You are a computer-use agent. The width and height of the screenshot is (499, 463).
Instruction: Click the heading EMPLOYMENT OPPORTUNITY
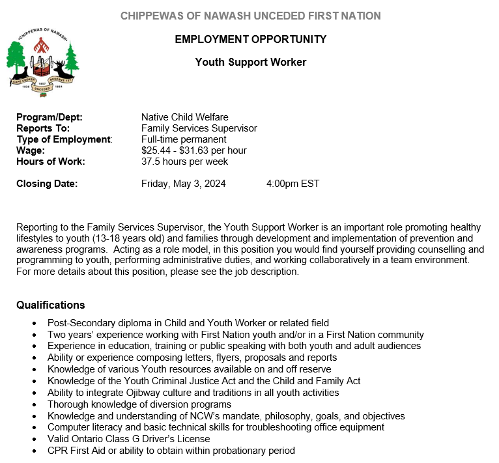[x=251, y=39]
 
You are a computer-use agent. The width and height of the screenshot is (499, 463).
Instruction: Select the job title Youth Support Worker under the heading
[x=251, y=63]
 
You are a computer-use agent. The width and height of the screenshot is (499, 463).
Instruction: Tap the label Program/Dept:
[x=50, y=117]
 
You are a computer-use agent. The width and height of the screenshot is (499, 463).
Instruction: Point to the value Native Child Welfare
[x=185, y=117]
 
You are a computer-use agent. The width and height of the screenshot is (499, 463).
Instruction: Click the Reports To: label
[x=43, y=128]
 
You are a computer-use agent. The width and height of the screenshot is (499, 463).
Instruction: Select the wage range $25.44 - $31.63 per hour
[x=194, y=150]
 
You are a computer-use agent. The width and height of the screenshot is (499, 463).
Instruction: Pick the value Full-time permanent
[x=184, y=139]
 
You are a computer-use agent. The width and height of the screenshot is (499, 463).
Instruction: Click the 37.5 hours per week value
[x=185, y=161]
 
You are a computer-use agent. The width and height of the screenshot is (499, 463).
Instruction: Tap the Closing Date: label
[x=47, y=184]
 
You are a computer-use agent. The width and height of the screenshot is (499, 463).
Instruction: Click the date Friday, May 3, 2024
[x=184, y=184]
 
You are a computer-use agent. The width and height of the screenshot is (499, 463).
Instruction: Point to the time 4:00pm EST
[x=293, y=184]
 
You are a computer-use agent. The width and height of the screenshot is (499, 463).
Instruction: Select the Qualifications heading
[x=51, y=305]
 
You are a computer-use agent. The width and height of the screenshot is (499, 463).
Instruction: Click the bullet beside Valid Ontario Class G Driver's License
[x=35, y=440]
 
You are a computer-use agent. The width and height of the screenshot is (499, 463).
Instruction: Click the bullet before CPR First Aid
[x=35, y=451]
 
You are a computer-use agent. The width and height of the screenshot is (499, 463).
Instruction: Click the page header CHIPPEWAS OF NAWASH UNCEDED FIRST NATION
[x=251, y=16]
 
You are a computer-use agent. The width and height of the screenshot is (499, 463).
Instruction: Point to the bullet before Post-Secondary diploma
[x=35, y=323]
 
